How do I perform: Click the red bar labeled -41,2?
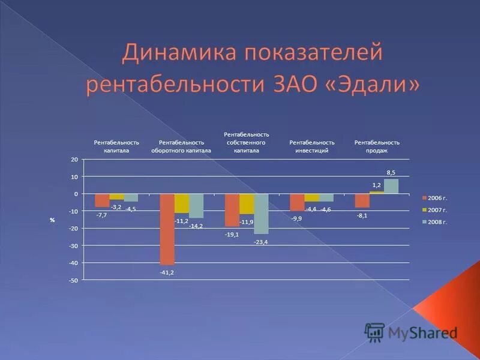pyautogui.click(x=167, y=229)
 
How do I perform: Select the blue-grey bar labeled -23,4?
pyautogui.click(x=261, y=214)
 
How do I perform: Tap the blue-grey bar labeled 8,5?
pyautogui.click(x=391, y=187)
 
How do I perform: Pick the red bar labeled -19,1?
pyautogui.click(x=232, y=210)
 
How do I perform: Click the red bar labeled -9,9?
pyautogui.click(x=297, y=202)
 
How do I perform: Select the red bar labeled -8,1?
pyautogui.click(x=362, y=201)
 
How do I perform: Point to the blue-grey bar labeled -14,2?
pyautogui.click(x=196, y=206)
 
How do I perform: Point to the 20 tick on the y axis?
pyautogui.click(x=74, y=160)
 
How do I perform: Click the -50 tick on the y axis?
pyautogui.click(x=73, y=280)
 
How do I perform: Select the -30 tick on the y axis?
pyautogui.click(x=73, y=246)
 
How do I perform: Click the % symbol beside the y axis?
pyautogui.click(x=52, y=220)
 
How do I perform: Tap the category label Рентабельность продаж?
pyautogui.click(x=377, y=146)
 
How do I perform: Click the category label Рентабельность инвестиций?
pyautogui.click(x=312, y=146)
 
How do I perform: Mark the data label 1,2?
pyautogui.click(x=377, y=185)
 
